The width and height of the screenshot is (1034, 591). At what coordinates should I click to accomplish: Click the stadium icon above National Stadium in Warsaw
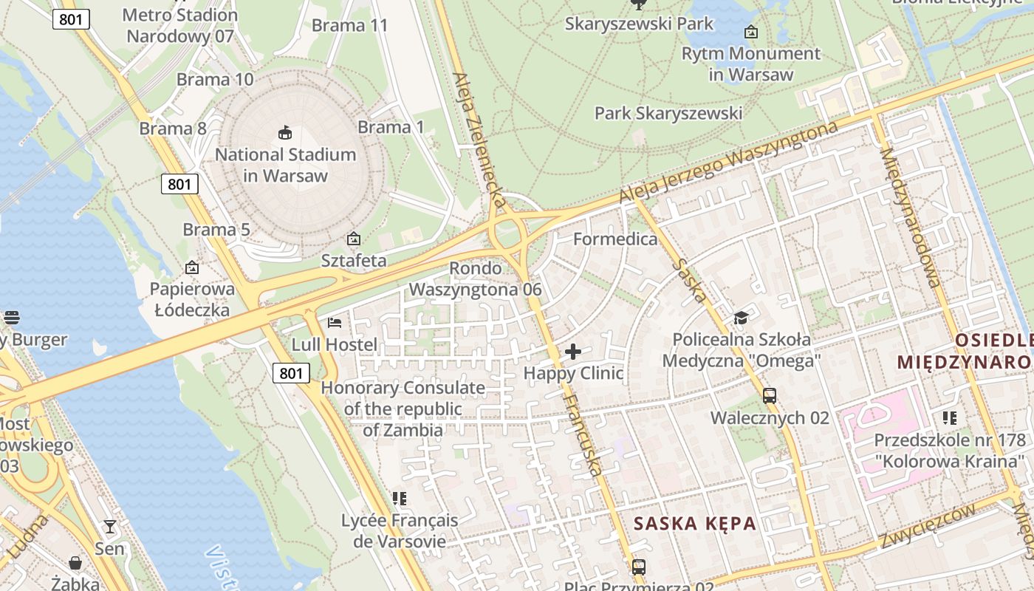coord(285,133)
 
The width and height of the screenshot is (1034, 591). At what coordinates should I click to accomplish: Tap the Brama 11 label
coord(349,25)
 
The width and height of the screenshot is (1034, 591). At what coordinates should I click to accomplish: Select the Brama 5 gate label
coord(216,230)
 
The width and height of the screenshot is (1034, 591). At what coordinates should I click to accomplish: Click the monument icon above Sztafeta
coord(354,239)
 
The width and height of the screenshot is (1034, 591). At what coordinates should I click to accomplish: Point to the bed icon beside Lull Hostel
coord(334,323)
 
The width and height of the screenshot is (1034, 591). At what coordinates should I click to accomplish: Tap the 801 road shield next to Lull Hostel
coord(291,373)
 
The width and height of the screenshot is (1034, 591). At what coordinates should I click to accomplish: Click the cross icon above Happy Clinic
coord(573,352)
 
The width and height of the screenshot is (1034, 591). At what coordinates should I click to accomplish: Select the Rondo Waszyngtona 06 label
coord(475,279)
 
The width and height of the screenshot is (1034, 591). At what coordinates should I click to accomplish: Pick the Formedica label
coord(614,239)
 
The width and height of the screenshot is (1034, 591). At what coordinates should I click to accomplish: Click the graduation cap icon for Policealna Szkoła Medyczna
coord(741,318)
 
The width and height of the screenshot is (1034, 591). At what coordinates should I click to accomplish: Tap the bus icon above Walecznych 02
coord(770,396)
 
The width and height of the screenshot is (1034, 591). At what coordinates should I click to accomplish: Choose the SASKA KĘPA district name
coord(694,524)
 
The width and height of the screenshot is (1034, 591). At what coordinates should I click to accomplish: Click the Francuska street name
coord(583,433)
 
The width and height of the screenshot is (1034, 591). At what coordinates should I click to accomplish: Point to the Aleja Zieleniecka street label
coord(479,139)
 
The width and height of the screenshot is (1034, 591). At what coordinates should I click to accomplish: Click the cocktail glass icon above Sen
coord(110,527)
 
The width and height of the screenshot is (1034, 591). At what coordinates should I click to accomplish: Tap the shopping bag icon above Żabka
coord(75,563)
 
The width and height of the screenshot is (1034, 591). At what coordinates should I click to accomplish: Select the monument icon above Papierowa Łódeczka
coord(192,267)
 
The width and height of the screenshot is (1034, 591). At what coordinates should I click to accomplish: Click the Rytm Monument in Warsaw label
coord(750,64)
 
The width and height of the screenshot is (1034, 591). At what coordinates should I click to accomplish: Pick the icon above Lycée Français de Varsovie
coord(400,499)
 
